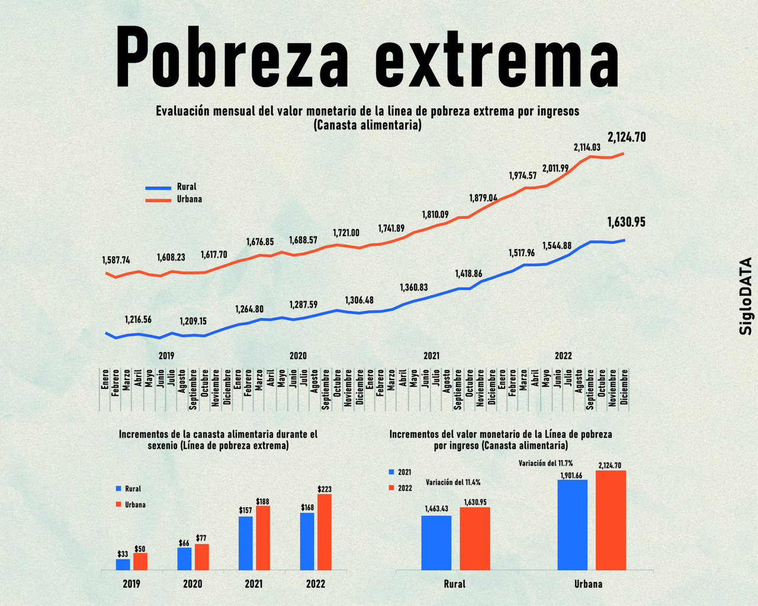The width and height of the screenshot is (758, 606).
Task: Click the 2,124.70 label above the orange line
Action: point(627,138)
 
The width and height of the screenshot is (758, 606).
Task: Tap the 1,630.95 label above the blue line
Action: point(626,223)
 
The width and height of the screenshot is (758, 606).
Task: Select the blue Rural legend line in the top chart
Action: point(158,188)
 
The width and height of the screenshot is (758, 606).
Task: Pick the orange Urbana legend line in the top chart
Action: point(158,200)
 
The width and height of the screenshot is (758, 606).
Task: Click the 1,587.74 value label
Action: point(116,260)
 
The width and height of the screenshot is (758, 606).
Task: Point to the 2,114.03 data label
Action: point(587,147)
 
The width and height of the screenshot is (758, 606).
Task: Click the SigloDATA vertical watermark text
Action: point(746,296)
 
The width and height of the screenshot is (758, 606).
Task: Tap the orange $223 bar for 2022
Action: point(325,532)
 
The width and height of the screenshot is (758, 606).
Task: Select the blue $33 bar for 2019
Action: point(123,565)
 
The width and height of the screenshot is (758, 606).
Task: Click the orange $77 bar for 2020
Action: point(202,557)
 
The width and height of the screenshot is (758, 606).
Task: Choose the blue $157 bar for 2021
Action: point(246,543)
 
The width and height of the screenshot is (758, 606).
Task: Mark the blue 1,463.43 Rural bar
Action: point(436,543)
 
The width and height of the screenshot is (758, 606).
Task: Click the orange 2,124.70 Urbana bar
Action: point(611,520)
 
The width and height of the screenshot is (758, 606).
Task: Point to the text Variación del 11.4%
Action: point(453,482)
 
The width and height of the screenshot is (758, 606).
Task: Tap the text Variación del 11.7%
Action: point(545,463)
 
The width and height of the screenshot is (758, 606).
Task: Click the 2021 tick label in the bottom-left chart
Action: point(253,584)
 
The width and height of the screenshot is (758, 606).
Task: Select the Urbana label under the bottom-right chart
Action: point(588,584)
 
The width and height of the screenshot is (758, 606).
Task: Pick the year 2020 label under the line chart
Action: point(298,356)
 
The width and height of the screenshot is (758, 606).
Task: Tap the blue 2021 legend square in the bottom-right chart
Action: point(391,472)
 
